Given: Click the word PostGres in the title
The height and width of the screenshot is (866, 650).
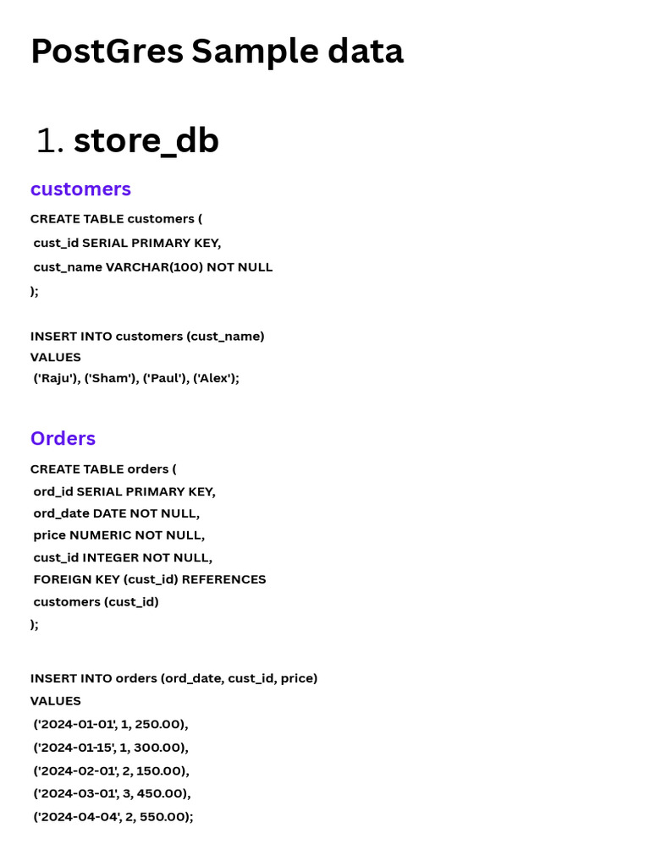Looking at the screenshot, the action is click(107, 52).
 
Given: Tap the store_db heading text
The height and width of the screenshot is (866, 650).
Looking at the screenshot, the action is click(146, 140).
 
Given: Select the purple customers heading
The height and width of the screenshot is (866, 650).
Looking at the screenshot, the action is click(80, 189).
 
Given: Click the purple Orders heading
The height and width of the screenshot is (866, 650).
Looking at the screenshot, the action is click(63, 438).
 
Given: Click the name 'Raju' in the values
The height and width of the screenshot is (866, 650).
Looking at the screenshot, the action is click(56, 378).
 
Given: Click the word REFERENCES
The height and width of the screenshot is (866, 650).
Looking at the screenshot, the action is click(223, 580).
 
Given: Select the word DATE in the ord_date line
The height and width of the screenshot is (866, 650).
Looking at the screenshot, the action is click(110, 513).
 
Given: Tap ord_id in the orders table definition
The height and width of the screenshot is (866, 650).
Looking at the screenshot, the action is click(53, 491).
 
